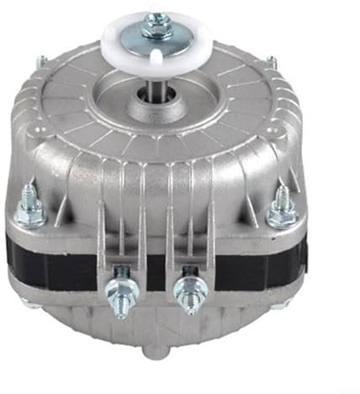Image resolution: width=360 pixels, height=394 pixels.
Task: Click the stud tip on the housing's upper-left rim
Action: (41, 61)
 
